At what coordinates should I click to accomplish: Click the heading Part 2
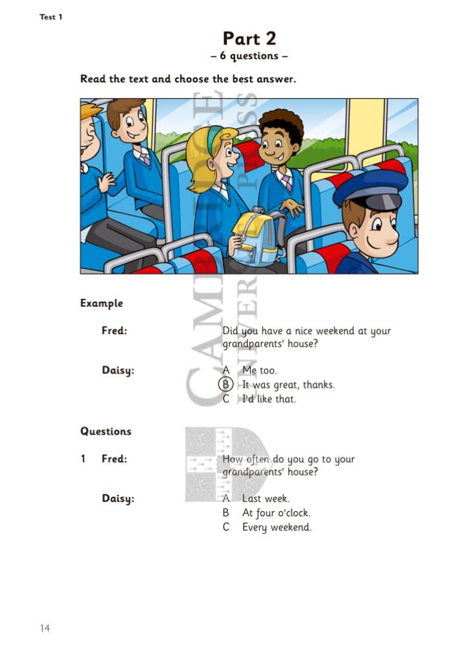click(249, 38)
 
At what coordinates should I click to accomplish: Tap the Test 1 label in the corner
click(51, 17)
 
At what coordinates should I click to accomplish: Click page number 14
click(44, 627)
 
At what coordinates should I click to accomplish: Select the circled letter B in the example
click(226, 384)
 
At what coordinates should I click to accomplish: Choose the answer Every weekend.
click(276, 527)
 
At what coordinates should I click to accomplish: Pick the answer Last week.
click(265, 499)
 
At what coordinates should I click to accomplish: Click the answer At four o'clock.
click(276, 513)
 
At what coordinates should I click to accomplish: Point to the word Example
click(101, 303)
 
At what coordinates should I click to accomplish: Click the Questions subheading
click(105, 431)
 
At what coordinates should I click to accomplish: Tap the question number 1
click(83, 459)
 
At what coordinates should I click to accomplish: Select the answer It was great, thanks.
click(288, 384)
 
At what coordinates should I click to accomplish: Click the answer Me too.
click(259, 370)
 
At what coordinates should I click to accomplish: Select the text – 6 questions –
click(249, 56)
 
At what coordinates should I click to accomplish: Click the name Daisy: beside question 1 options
click(118, 499)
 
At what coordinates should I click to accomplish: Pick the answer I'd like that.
click(269, 399)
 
